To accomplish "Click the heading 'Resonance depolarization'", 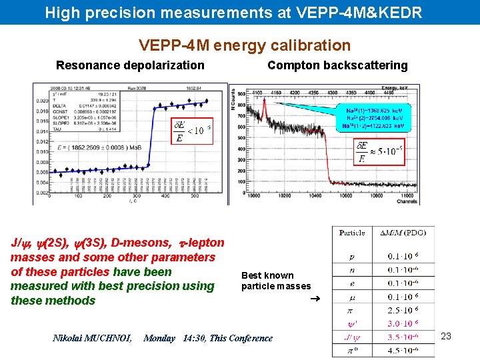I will (130, 65).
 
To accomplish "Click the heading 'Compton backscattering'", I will (337, 65).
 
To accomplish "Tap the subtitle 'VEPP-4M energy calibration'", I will (244, 45).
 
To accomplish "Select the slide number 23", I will (446, 336).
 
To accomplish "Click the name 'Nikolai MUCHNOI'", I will (92, 338).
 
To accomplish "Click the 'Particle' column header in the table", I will (352, 233).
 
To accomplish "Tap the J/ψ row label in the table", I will (351, 337).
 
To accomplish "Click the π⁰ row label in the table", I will (351, 350).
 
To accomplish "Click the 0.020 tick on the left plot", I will (41, 101).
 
